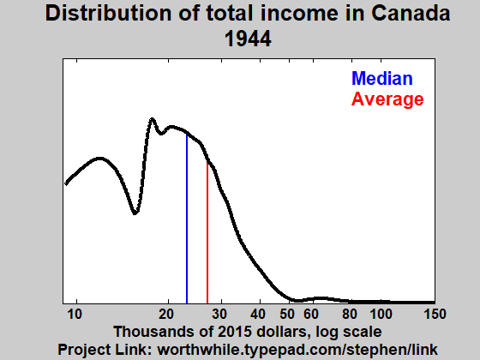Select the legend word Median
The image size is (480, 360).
(381, 79)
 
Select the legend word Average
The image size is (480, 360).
(387, 99)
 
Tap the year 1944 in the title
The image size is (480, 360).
(248, 39)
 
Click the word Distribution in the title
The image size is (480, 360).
(107, 14)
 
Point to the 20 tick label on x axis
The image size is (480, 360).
(167, 313)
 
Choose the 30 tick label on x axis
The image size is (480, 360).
(220, 313)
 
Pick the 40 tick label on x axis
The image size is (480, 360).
(258, 313)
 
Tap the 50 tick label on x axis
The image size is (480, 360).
(288, 313)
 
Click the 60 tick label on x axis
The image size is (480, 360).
(311, 313)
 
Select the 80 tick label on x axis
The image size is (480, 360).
(349, 313)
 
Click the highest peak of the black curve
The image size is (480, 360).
(153, 119)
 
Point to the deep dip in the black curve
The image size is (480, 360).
(135, 213)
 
